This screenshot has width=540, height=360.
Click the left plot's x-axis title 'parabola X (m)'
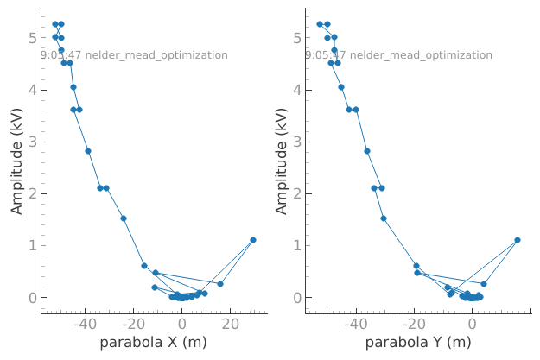click(x=153, y=343)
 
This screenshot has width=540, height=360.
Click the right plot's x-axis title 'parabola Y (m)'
click(x=417, y=343)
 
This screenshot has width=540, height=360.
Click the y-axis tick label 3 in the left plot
click(x=31, y=142)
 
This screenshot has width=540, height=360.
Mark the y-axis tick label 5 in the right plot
click(x=295, y=38)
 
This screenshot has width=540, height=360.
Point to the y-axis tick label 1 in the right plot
click(x=295, y=246)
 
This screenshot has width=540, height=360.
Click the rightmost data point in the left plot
click(x=253, y=240)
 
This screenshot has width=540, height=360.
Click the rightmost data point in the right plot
click(x=518, y=240)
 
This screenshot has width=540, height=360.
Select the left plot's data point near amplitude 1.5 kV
click(x=124, y=218)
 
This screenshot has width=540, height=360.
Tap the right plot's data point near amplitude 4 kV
click(x=341, y=87)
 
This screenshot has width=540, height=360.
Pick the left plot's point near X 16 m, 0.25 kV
click(x=220, y=284)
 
